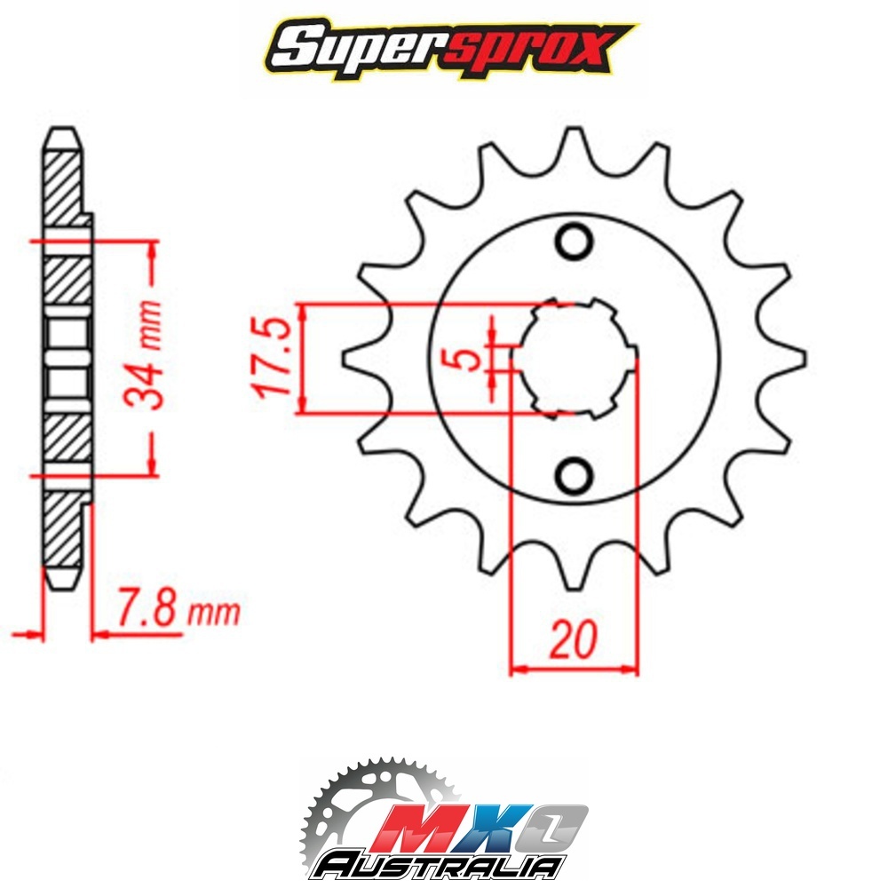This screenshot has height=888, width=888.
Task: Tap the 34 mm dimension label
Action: (x=144, y=355)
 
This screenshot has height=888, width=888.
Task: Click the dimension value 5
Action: (x=467, y=359)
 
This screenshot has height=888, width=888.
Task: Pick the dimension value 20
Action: (x=573, y=638)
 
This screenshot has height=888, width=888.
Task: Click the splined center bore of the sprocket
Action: (x=574, y=359)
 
